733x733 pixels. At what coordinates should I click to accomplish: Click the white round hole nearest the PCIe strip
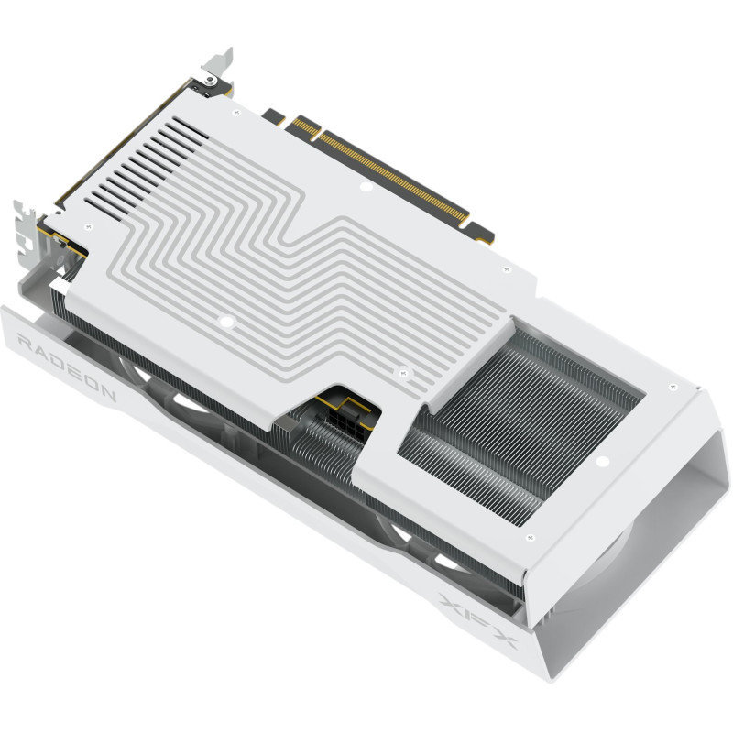click(x=365, y=189)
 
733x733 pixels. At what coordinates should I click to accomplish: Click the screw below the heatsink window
click(x=604, y=464)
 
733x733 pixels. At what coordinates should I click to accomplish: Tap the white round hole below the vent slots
click(x=231, y=323)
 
